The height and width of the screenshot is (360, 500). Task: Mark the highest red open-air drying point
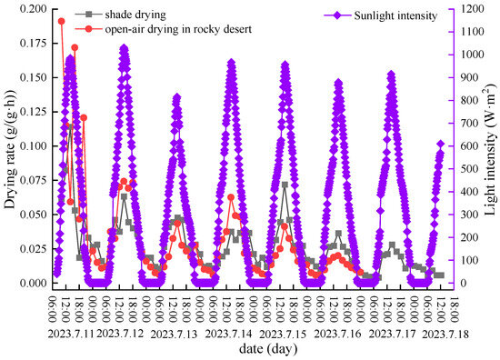62,21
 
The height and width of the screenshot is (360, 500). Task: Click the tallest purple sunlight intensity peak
125,47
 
